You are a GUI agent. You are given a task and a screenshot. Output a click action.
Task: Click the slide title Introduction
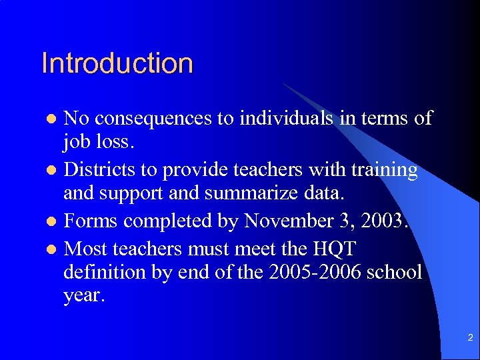pos(117,63)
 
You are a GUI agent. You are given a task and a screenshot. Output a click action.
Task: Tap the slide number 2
pos(470,338)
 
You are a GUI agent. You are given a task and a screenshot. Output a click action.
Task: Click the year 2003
pos(381,221)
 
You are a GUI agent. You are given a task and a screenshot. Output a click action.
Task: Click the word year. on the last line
pos(84,296)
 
